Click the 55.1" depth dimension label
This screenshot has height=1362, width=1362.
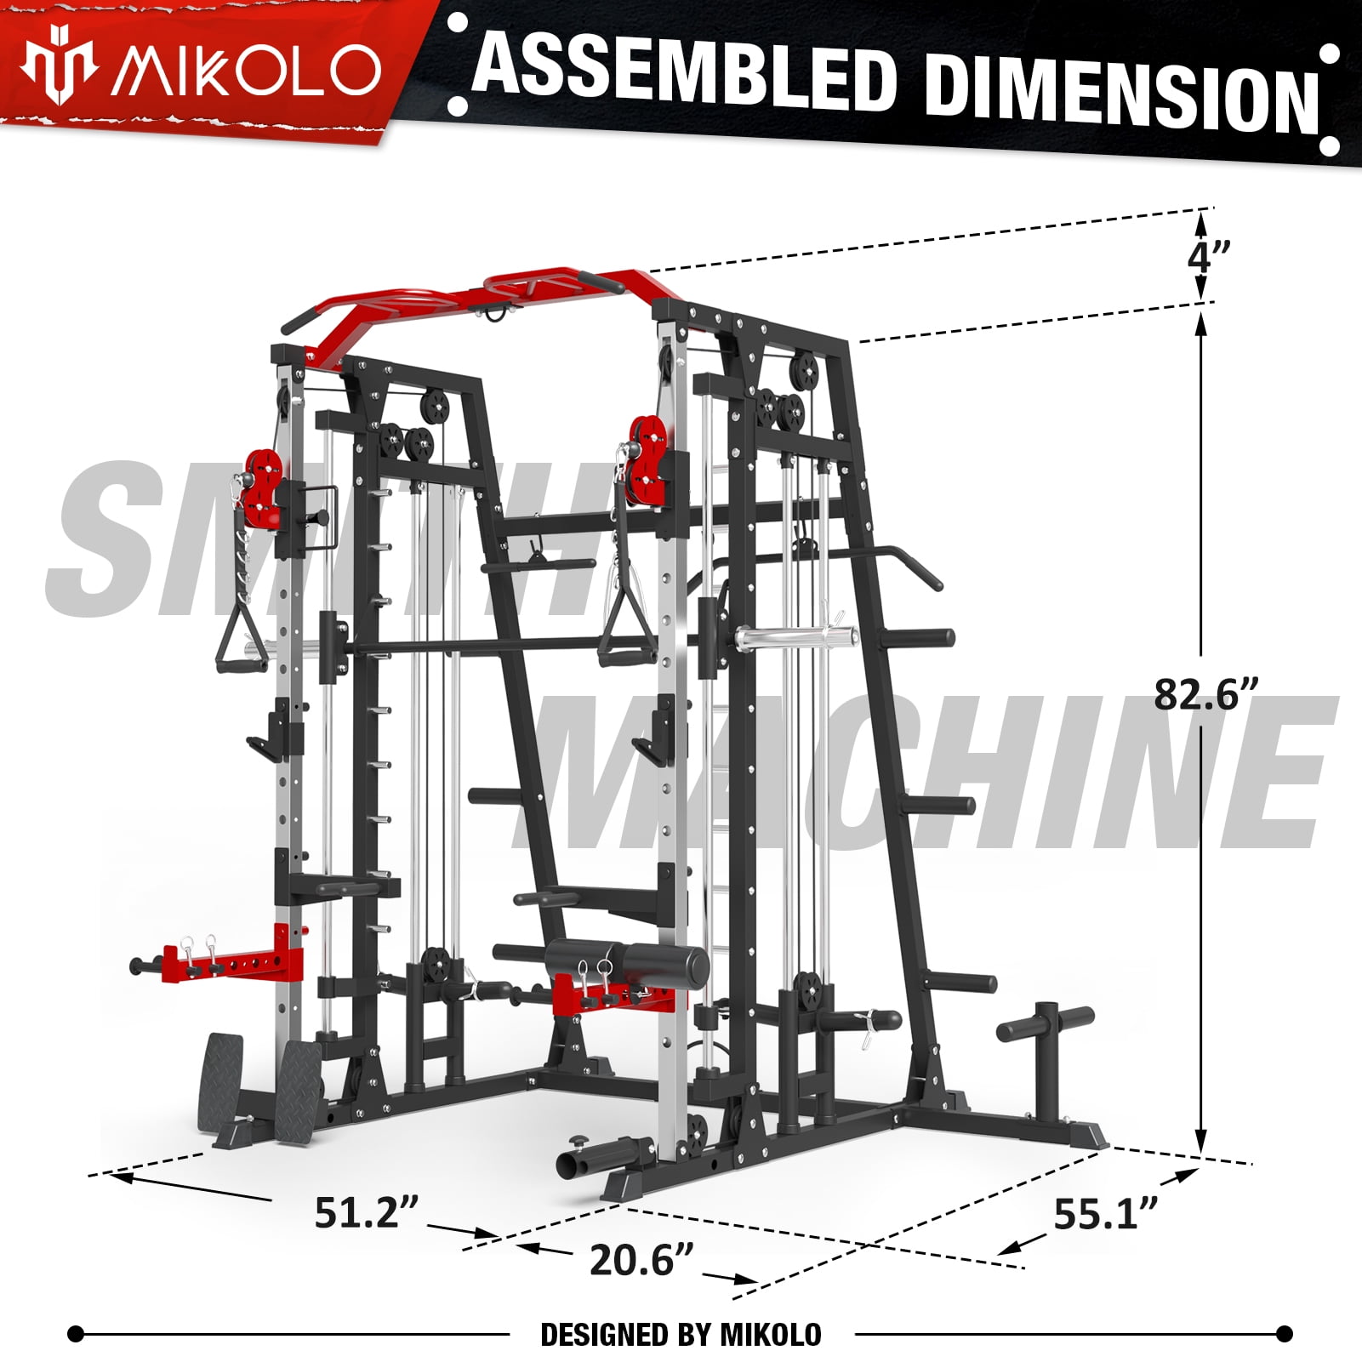(1106, 1213)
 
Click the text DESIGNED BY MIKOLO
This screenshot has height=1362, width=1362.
(681, 1334)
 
